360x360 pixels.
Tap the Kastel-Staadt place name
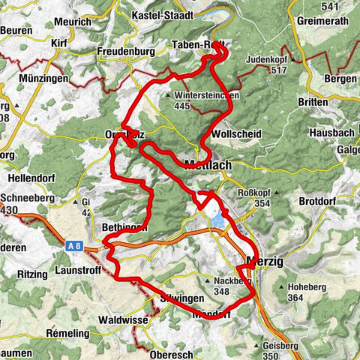click(162, 14)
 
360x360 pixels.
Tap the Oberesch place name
click(172, 352)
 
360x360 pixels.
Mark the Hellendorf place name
click(31, 179)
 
